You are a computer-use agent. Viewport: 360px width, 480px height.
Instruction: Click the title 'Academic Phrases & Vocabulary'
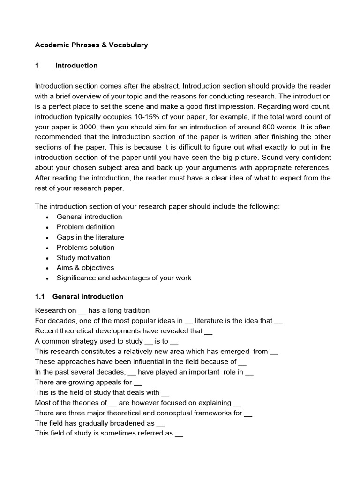[x=91, y=45]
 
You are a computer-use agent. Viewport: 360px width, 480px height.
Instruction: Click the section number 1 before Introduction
[x=37, y=66]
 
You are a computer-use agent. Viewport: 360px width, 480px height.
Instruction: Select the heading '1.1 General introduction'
[x=79, y=297]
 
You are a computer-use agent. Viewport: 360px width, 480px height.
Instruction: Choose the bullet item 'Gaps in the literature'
[x=90, y=237]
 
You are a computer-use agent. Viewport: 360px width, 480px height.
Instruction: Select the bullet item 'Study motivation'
[x=83, y=258]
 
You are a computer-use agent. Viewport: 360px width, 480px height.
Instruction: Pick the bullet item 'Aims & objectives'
[x=85, y=268]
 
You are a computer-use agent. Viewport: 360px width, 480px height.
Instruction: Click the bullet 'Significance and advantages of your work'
[x=124, y=278]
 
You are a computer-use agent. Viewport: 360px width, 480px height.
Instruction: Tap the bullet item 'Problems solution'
[x=85, y=247]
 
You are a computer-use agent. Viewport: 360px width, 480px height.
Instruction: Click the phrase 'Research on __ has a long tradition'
[x=92, y=310]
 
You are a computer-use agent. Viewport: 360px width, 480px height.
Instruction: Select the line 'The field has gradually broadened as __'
[x=100, y=423]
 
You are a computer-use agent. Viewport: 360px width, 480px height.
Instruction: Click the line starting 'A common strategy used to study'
[x=106, y=341]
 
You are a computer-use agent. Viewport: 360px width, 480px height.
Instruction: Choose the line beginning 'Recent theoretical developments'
[x=124, y=331]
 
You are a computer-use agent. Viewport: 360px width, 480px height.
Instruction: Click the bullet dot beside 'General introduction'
[x=47, y=217]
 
